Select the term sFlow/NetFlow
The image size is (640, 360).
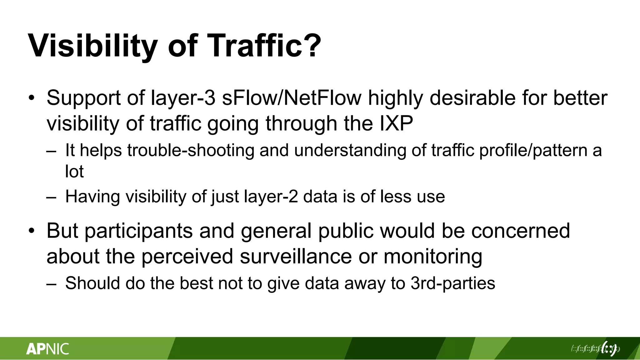click(292, 98)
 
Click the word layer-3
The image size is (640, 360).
click(183, 98)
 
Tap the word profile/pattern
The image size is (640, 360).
click(533, 150)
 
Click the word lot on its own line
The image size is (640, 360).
click(74, 171)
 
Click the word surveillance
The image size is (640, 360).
click(296, 256)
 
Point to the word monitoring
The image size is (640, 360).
click(433, 256)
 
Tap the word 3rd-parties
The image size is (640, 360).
click(453, 283)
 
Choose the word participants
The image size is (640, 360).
click(139, 231)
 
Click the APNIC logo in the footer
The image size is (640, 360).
click(47, 349)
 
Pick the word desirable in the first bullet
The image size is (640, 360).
click(473, 98)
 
